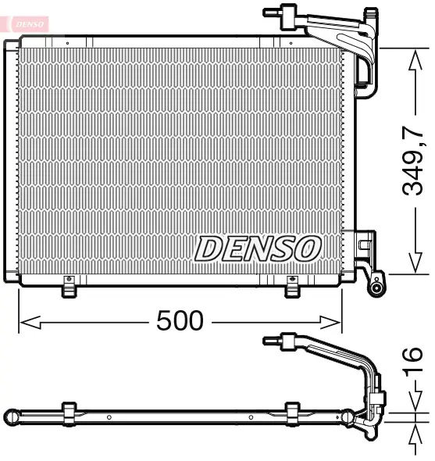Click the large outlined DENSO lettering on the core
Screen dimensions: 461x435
[259, 248]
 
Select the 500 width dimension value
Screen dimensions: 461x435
[180, 320]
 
